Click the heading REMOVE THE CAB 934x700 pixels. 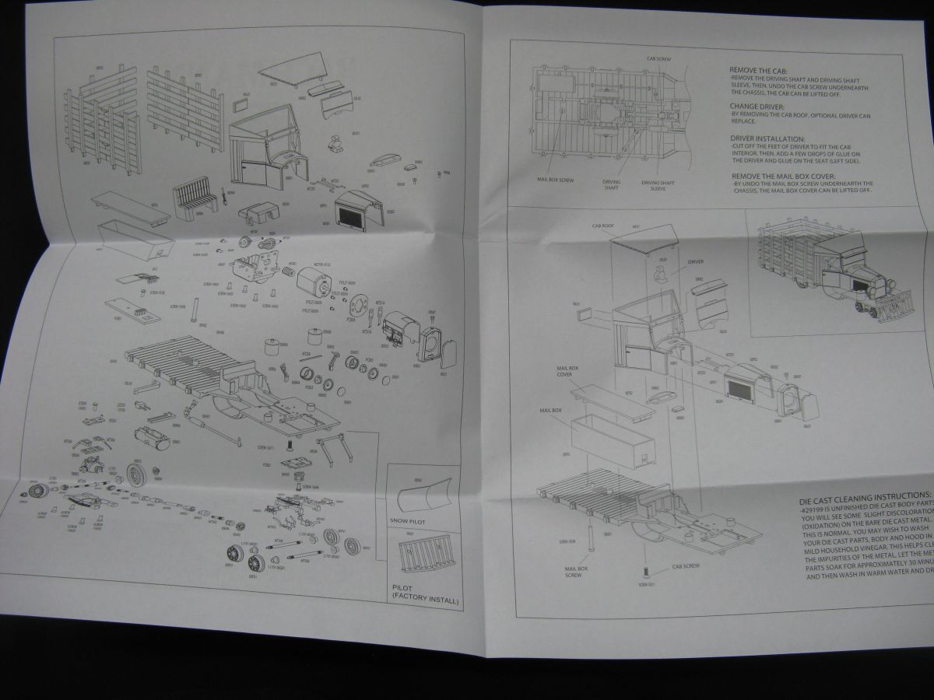pyautogui.click(x=759, y=69)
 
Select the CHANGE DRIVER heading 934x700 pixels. pyautogui.click(x=757, y=105)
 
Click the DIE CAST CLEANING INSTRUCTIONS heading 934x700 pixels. pyautogui.click(x=864, y=495)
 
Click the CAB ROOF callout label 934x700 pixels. pyautogui.click(x=603, y=226)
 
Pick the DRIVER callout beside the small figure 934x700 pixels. pyautogui.click(x=695, y=262)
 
